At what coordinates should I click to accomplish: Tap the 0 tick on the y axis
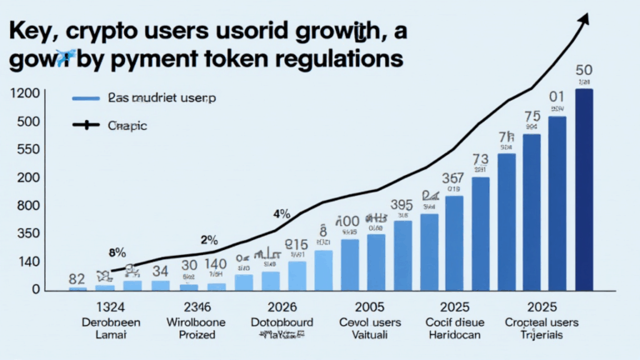36,289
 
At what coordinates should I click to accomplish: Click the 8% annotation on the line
117,251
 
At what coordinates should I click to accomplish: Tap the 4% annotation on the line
281,214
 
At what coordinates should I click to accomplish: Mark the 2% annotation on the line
208,239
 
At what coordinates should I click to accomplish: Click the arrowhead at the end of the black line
585,17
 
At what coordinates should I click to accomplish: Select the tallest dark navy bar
584,189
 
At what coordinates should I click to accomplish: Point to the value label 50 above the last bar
584,70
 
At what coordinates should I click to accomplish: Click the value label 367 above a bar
452,178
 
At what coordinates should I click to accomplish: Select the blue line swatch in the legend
85,98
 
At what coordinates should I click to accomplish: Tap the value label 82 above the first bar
77,279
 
